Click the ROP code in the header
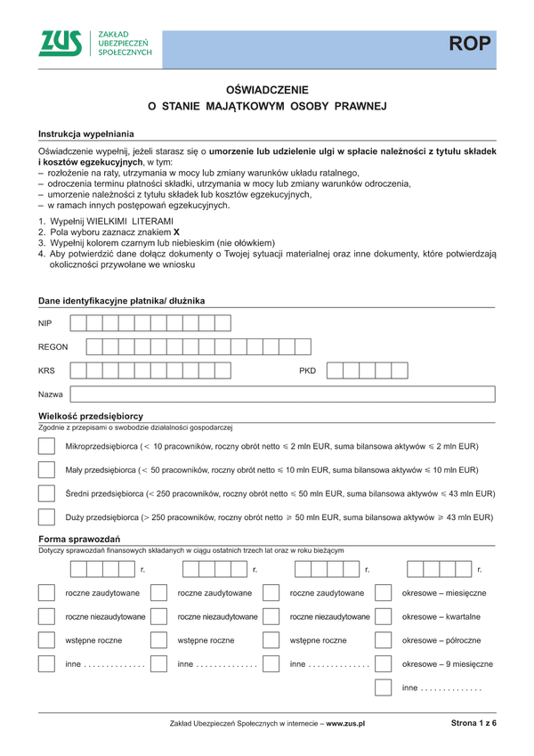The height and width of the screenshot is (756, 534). pos(469,45)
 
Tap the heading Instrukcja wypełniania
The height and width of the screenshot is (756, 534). pos(85,133)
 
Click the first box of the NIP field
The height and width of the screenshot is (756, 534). pos(78,323)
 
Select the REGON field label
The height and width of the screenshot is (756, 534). pos(53,346)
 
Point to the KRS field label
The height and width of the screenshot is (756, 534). pos(47,370)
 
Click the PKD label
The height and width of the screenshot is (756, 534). pos(307,370)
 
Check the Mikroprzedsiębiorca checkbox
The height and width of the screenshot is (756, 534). pos(47,445)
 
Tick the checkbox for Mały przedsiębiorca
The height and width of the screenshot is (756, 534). pos(47,469)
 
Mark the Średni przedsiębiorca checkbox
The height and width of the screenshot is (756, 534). pos(47,492)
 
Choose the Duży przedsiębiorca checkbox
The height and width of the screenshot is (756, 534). pos(47,516)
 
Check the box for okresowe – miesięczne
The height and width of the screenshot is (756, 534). pos(384,593)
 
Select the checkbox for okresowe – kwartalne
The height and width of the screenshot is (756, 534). pos(384,616)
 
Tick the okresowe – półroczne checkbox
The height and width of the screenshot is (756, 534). pos(384,639)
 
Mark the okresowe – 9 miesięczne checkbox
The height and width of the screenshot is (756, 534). pos(384,663)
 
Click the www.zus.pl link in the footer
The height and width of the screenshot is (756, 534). pos(346,725)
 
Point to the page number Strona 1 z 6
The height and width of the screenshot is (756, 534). pos(473,724)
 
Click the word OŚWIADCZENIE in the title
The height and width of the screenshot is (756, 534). pos(267,89)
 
